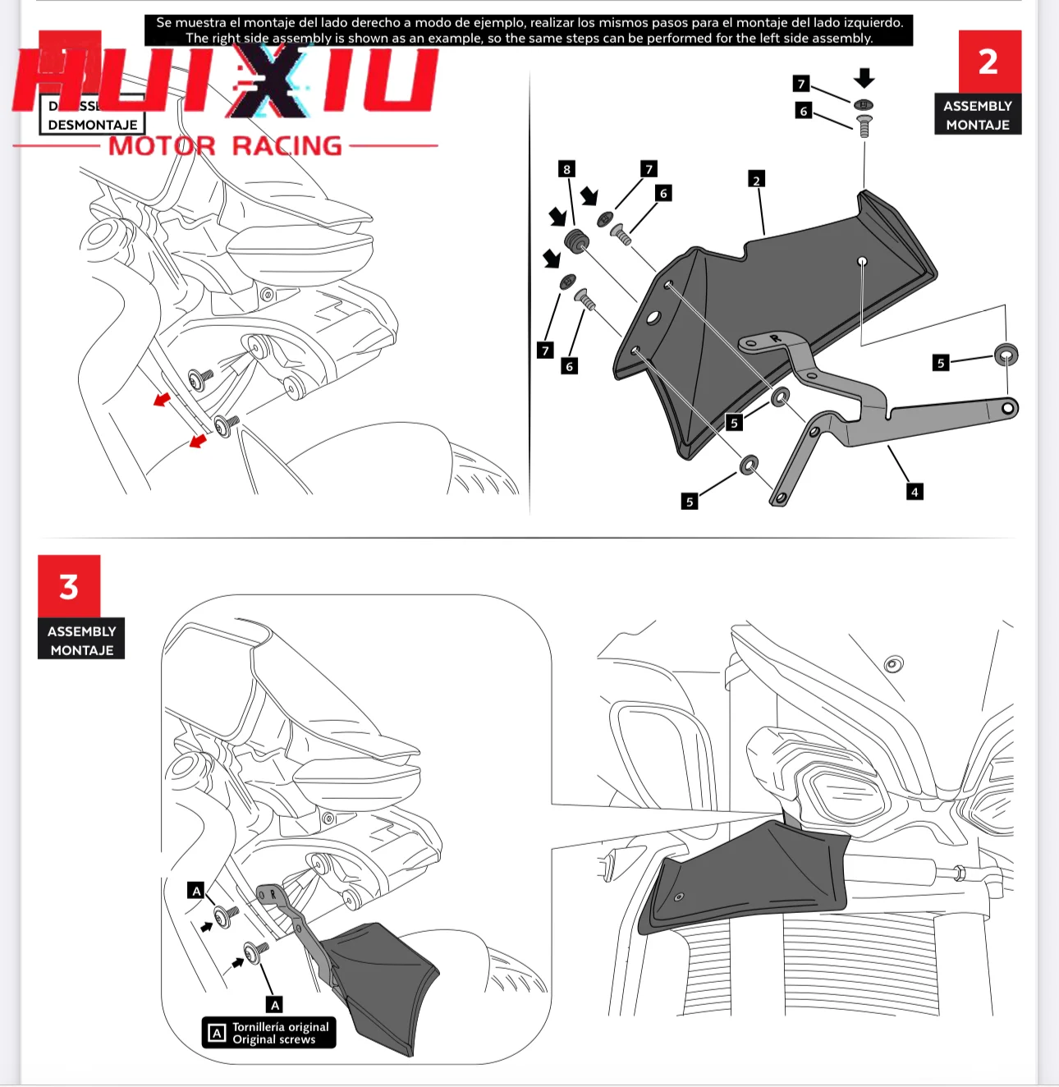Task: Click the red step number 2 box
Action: click(989, 62)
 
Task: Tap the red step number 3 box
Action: click(69, 586)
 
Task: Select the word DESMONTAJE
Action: click(93, 125)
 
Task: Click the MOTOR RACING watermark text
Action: click(226, 146)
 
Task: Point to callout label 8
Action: click(566, 169)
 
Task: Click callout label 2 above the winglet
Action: click(756, 180)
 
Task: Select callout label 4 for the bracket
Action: click(915, 492)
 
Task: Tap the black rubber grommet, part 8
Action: click(576, 241)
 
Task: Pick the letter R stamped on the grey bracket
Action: click(774, 338)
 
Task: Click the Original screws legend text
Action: click(273, 1039)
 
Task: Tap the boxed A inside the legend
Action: click(217, 1033)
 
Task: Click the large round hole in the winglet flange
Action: click(653, 317)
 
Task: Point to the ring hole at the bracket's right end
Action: click(1008, 408)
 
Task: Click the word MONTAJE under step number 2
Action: click(978, 125)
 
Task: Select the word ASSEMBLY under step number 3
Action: click(81, 631)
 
